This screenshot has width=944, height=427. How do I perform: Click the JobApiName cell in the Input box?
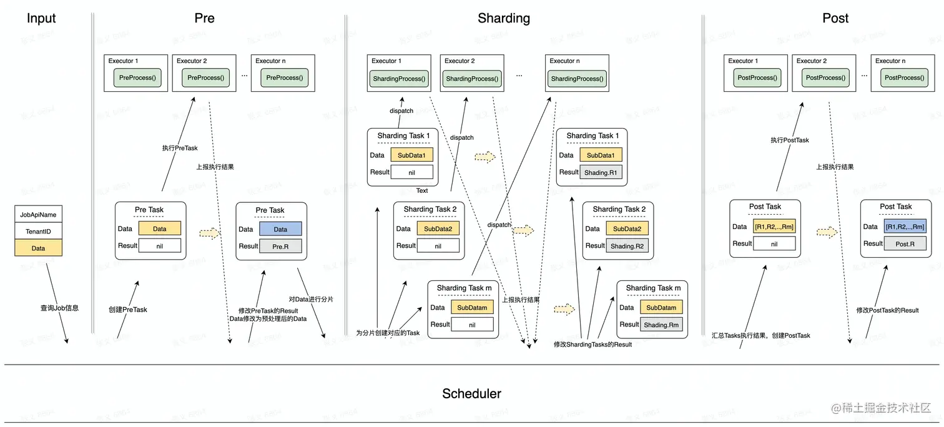pyautogui.click(x=38, y=215)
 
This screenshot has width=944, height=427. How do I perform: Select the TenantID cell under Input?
pyautogui.click(x=38, y=232)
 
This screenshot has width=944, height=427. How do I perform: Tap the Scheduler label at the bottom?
pyautogui.click(x=471, y=394)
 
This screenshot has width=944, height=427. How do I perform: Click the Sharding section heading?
pyautogui.click(x=503, y=18)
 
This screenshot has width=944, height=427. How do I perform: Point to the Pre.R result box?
pyautogui.click(x=280, y=246)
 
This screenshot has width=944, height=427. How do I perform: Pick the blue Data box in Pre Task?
pyautogui.click(x=280, y=229)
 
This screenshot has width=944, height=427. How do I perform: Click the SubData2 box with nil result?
pyautogui.click(x=438, y=229)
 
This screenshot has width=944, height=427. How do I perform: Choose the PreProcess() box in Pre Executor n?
pyautogui.click(x=284, y=78)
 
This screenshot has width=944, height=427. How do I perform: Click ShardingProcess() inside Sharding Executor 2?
pyautogui.click(x=472, y=79)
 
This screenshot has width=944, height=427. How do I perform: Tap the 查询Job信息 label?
pyautogui.click(x=60, y=308)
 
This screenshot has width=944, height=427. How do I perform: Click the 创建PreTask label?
pyautogui.click(x=127, y=310)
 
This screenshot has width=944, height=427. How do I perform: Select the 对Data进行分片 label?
pyautogui.click(x=311, y=300)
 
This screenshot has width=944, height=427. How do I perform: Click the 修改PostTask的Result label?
pyautogui.click(x=887, y=310)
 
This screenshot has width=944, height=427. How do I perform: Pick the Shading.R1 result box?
pyautogui.click(x=601, y=173)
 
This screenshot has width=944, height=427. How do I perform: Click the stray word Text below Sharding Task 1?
pyautogui.click(x=422, y=191)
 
